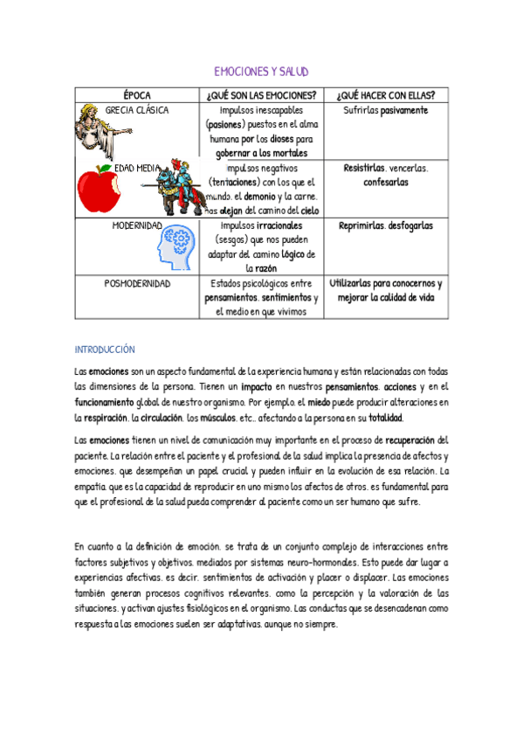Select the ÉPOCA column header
pos(136,95)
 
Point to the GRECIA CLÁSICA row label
pos(136,111)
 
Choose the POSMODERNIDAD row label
pos(136,284)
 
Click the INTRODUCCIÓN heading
pos(105,349)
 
